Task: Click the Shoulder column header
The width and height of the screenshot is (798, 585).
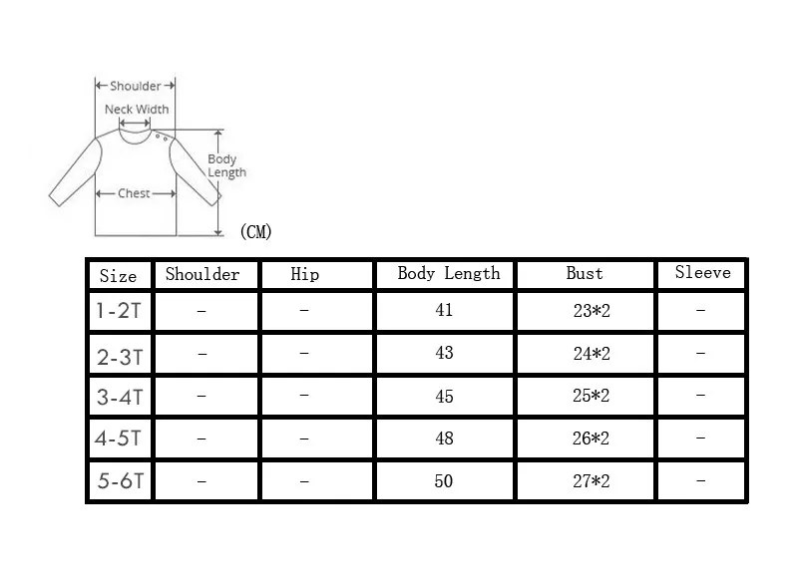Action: coord(202,274)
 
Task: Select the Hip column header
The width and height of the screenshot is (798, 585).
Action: coord(305,274)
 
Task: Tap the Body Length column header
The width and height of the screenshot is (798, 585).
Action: coord(448,274)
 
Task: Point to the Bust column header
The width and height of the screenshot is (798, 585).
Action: coord(585,273)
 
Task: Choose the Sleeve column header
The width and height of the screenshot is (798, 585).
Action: coord(703,272)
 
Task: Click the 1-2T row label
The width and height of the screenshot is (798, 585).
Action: coord(119,311)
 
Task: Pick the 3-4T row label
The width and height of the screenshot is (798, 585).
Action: coord(120,397)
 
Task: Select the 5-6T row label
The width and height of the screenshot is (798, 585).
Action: coord(121,480)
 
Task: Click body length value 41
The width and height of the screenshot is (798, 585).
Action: coord(444,310)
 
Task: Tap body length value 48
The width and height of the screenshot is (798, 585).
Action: coord(444,439)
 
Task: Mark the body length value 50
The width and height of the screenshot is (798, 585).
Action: coord(444,480)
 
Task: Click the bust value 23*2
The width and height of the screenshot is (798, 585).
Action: coord(592,311)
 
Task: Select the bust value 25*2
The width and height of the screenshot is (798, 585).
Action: coord(591,396)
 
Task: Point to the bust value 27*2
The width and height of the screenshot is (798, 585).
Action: coord(591,480)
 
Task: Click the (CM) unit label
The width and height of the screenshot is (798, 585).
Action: coord(256,232)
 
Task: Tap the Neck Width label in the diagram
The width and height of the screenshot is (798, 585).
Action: coord(137,110)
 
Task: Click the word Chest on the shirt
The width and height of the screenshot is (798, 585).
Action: coord(134,193)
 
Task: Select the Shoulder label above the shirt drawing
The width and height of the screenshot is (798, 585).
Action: coord(136,86)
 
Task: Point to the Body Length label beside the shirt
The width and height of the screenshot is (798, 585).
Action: coord(226,165)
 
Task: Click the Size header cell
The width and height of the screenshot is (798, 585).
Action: coord(118,276)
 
